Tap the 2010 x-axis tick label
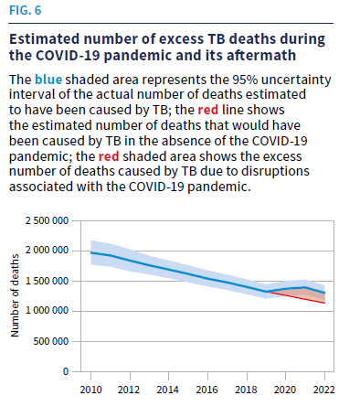click(x=90, y=389)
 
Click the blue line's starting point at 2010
click(x=91, y=252)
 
